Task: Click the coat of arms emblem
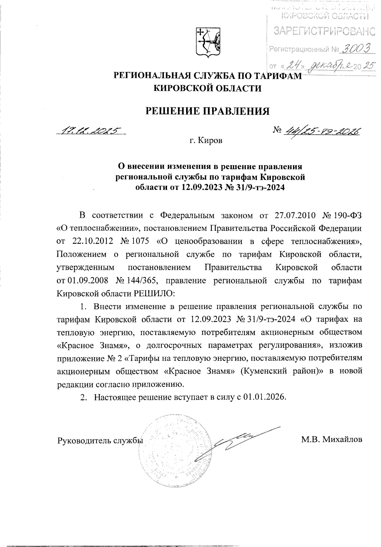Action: tap(208, 43)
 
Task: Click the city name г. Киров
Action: tap(205, 140)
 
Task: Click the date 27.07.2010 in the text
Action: tap(294, 215)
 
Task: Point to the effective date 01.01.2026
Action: tap(265, 397)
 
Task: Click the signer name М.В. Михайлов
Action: tap(332, 440)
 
